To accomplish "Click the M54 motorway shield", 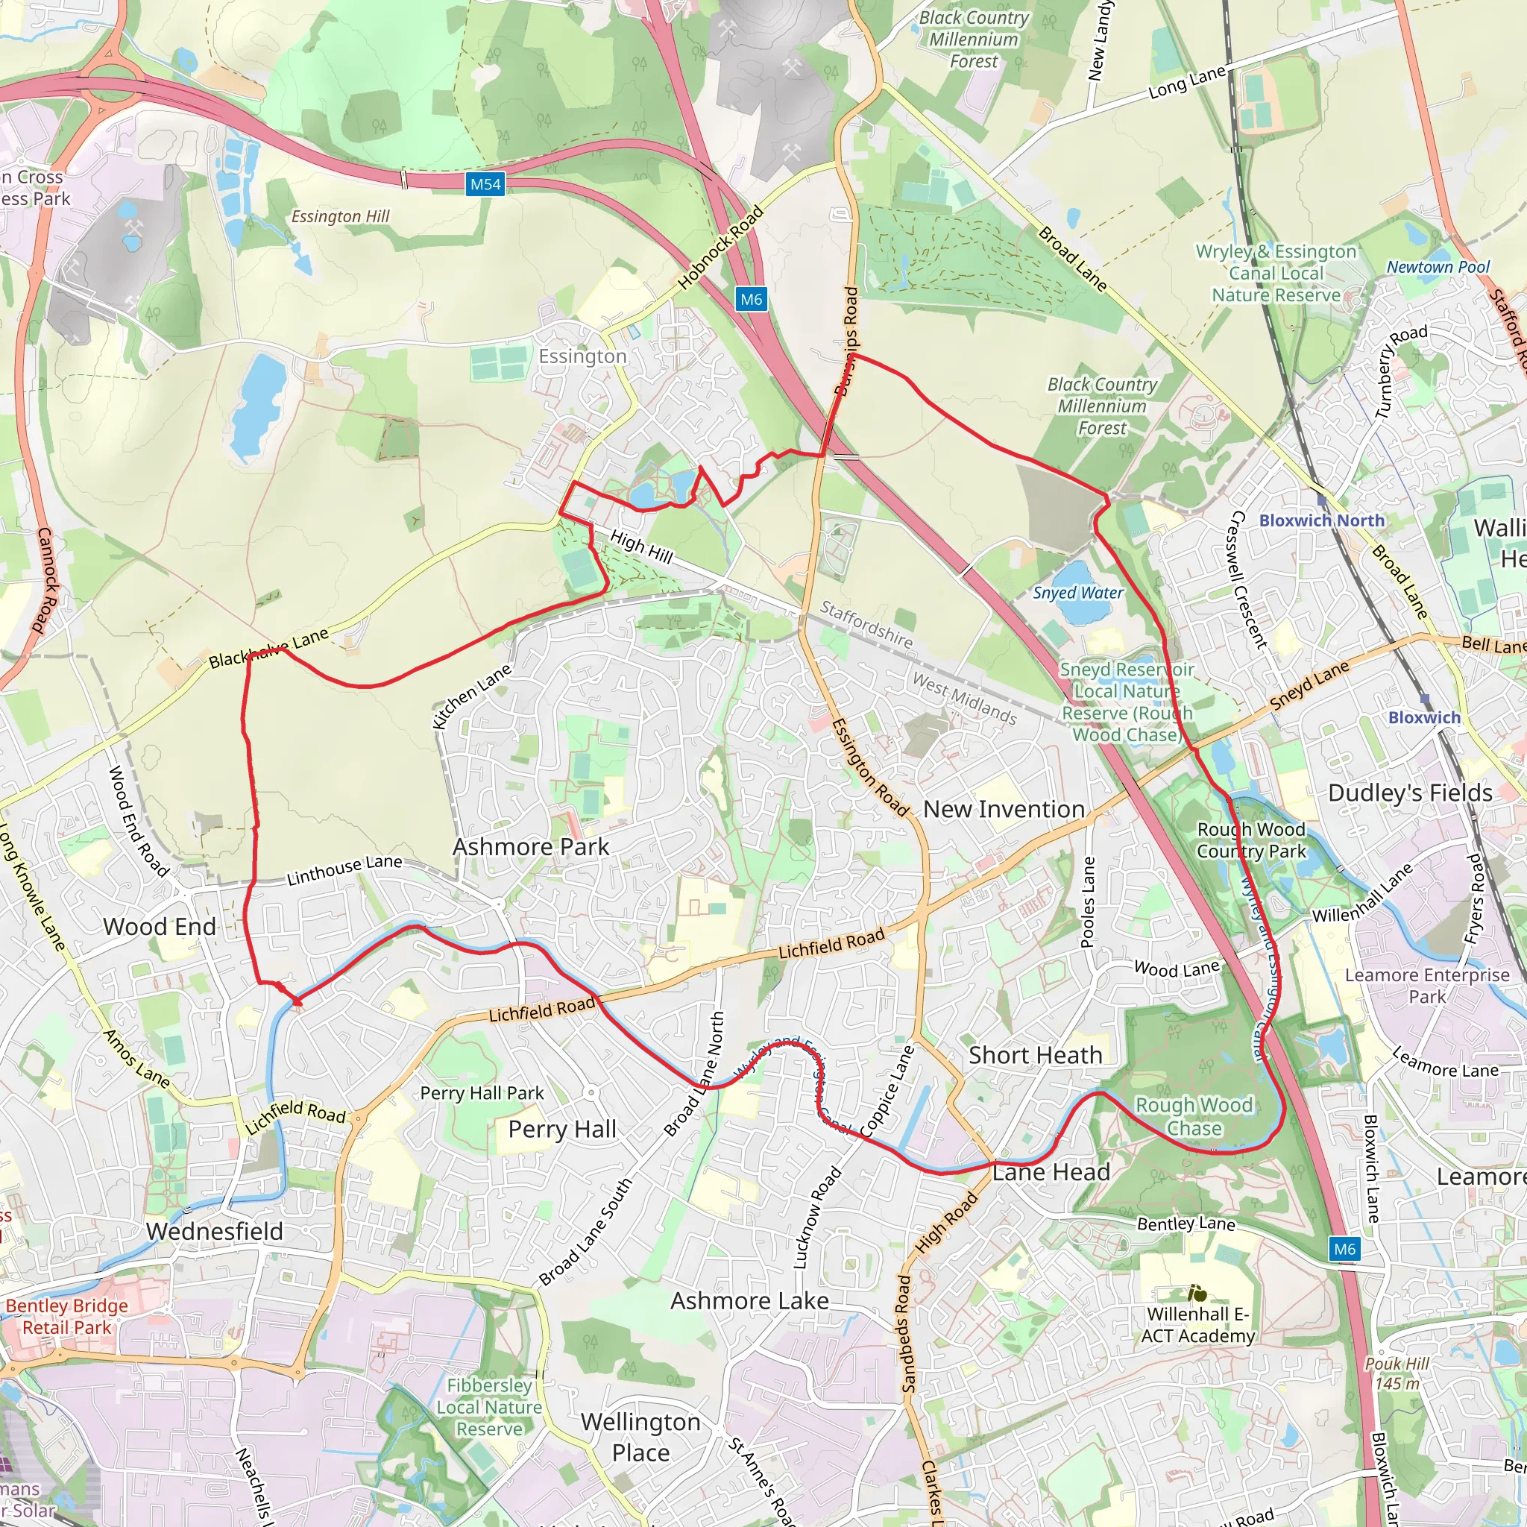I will (x=485, y=185).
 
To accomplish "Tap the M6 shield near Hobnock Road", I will (x=751, y=300).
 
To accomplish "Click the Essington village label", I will (x=582, y=356).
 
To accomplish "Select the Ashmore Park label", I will (x=530, y=847).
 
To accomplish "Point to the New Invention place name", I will (x=1004, y=809).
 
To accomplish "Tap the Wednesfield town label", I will (x=214, y=1232).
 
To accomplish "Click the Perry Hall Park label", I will (x=482, y=1093).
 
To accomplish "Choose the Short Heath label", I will (x=1036, y=1055).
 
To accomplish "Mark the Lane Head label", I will (x=1051, y=1172).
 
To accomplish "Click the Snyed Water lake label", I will (x=1078, y=593).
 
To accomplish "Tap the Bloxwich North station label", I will (x=1321, y=520).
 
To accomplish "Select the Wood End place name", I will (x=160, y=926).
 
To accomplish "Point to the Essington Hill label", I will (x=340, y=216).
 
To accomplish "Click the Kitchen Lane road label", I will (x=472, y=696).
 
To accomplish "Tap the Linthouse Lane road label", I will (x=344, y=870).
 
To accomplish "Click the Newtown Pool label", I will (x=1438, y=267).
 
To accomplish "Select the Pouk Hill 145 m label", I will (x=1397, y=1373).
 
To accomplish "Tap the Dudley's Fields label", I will (x=1410, y=793).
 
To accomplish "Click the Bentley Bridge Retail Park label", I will (x=66, y=1317).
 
